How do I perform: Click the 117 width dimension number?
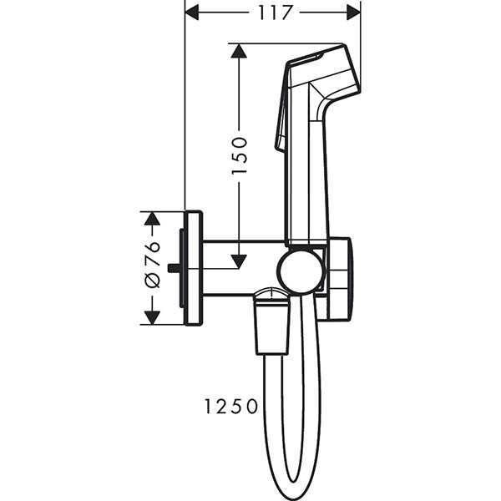[x=272, y=13]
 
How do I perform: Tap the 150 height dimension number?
[x=239, y=154]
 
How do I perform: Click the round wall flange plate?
[x=193, y=268]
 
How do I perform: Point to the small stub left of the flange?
[x=173, y=268]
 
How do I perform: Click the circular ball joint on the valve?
[x=301, y=271]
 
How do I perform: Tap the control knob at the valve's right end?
[x=340, y=278]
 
